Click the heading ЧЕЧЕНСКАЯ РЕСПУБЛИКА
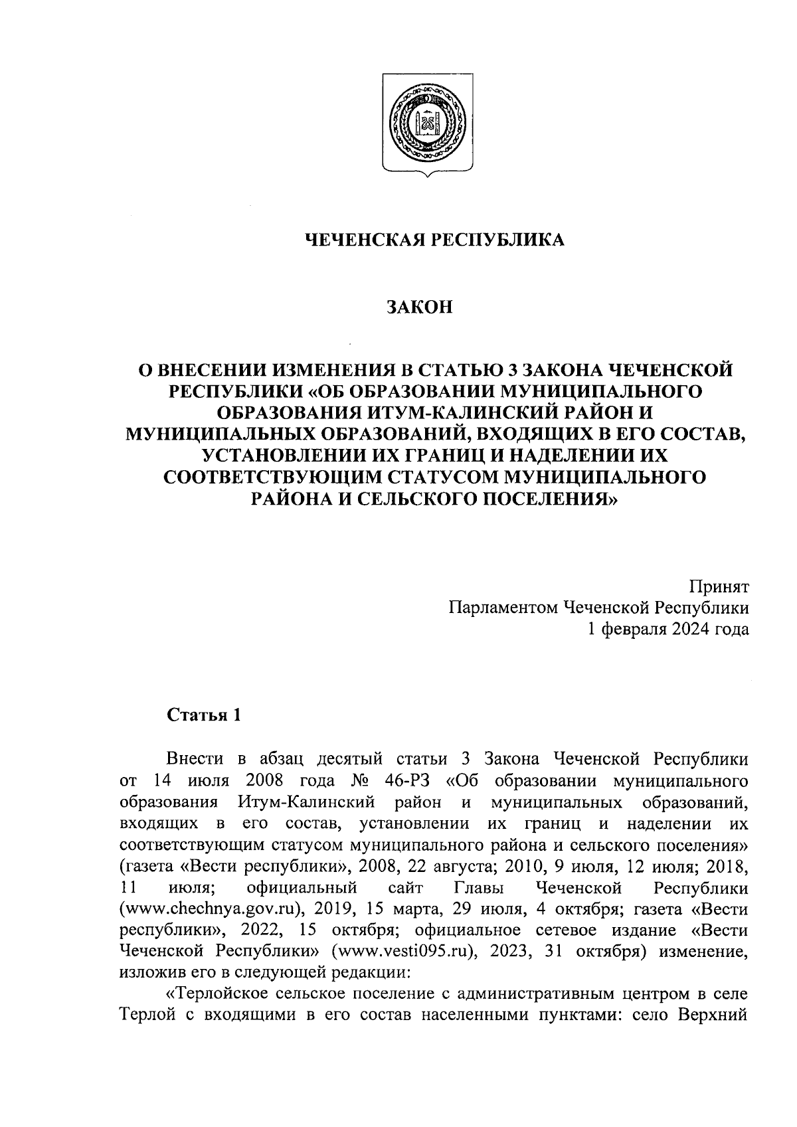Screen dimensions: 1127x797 (434, 240)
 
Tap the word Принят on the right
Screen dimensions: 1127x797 (719, 586)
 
